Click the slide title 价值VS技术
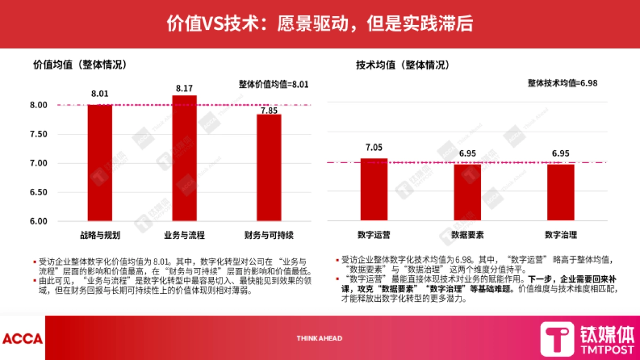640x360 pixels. click(x=320, y=23)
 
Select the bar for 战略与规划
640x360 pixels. click(x=100, y=163)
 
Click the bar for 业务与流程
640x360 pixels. click(x=184, y=158)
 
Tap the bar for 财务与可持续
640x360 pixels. click(x=268, y=167)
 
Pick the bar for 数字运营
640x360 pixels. click(x=374, y=189)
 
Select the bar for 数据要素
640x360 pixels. click(x=467, y=193)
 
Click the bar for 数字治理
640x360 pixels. click(x=561, y=193)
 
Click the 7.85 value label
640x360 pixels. click(x=269, y=110)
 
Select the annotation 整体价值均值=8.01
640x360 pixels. click(x=274, y=84)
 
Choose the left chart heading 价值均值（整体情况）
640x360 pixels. click(x=80, y=65)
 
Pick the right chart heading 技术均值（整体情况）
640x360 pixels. click(x=403, y=65)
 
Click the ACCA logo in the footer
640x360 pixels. click(x=22, y=338)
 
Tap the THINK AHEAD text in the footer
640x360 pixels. click(x=319, y=338)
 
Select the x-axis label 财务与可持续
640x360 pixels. click(x=268, y=235)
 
